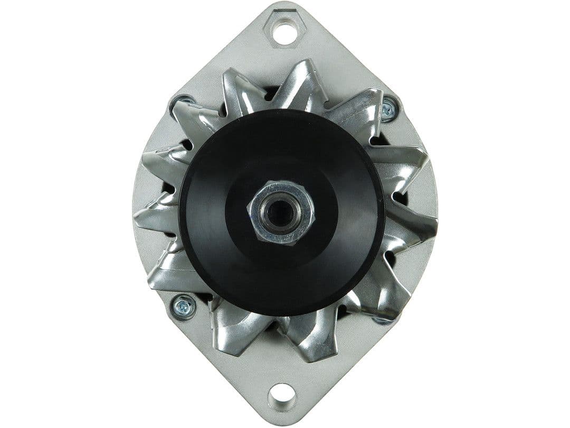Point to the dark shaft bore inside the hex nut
(280, 211)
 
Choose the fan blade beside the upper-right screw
(359, 111)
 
